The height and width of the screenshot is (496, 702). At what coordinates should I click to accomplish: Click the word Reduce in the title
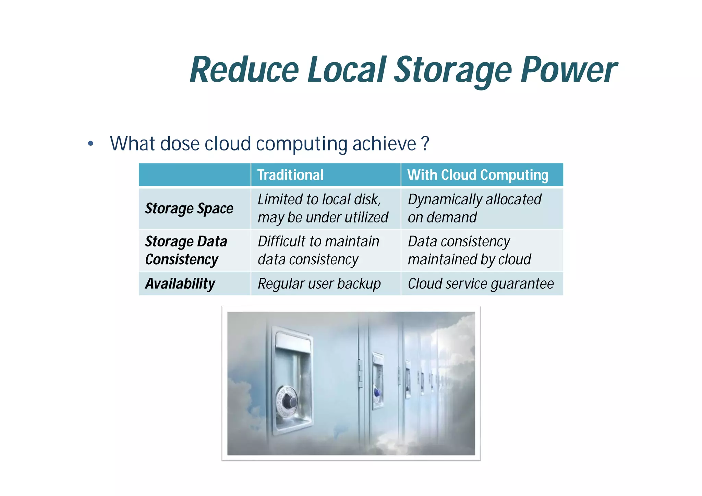point(244,70)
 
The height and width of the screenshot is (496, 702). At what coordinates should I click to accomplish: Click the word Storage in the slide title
point(453,70)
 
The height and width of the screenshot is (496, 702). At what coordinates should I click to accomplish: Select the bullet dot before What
point(90,144)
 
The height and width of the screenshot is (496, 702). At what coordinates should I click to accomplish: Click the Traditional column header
point(290,175)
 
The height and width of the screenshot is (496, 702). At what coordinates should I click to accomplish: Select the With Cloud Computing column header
point(477,175)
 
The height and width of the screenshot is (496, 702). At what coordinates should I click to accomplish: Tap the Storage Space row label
point(189,208)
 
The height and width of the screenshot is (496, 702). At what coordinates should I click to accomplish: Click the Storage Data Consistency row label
point(186,250)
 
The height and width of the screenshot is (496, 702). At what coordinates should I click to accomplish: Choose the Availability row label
point(180,283)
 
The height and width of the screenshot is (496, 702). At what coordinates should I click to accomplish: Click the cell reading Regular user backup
point(319,283)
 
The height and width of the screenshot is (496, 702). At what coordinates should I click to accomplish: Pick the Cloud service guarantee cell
point(481,283)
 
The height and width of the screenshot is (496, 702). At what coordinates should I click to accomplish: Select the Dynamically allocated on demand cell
point(474,208)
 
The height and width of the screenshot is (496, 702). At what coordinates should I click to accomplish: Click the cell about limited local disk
point(323,208)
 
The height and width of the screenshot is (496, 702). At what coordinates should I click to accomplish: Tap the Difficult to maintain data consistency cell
point(318,250)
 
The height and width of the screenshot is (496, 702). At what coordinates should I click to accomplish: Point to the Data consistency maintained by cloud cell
point(469,250)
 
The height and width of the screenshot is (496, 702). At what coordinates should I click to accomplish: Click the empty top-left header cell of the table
point(194,175)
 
